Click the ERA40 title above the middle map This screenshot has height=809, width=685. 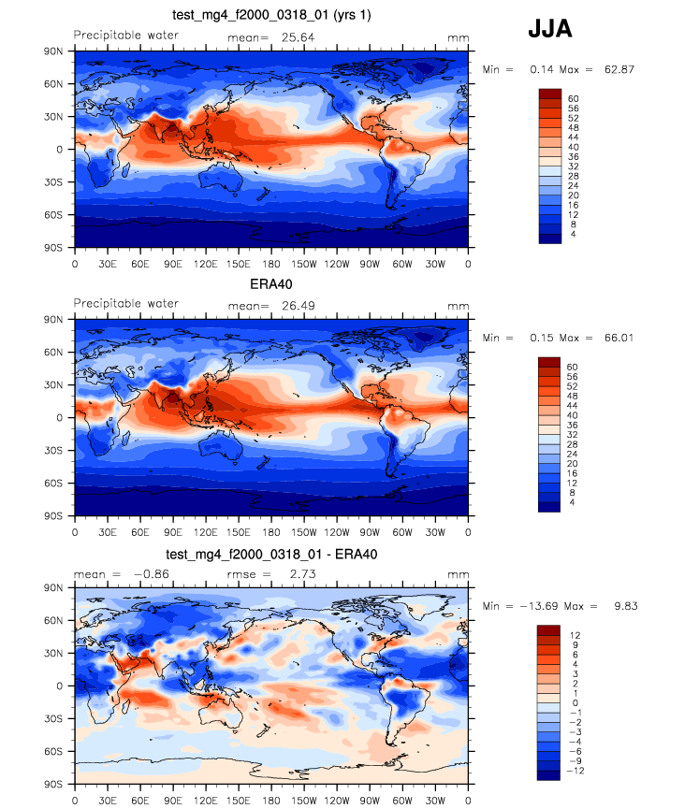[x=270, y=283]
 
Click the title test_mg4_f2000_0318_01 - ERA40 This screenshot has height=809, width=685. [x=270, y=554]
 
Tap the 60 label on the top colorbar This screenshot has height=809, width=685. [x=572, y=98]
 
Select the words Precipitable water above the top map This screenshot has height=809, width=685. [x=126, y=36]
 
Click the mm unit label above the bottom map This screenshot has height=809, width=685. [x=458, y=573]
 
